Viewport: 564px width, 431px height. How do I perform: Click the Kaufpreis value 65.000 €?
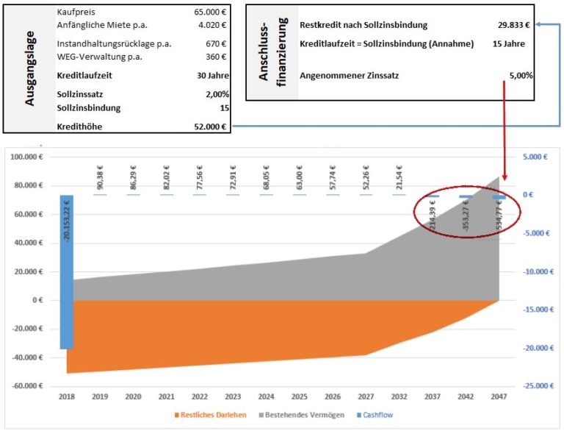[x=212, y=13]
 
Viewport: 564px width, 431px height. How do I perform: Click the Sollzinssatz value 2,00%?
[x=217, y=93]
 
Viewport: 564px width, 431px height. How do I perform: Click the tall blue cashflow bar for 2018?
[x=66, y=272]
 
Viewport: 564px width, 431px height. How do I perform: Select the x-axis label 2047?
[x=499, y=396]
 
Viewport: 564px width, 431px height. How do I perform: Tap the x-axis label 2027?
[x=366, y=396]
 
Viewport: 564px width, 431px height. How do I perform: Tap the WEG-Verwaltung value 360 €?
[x=217, y=57]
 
